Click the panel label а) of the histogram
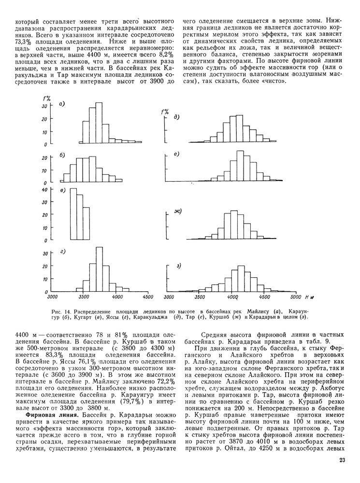coord(62,103)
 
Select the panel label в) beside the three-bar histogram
coord(62,192)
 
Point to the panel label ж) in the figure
coord(177,212)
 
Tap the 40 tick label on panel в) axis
coord(45,190)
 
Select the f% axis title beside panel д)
coord(164,112)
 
